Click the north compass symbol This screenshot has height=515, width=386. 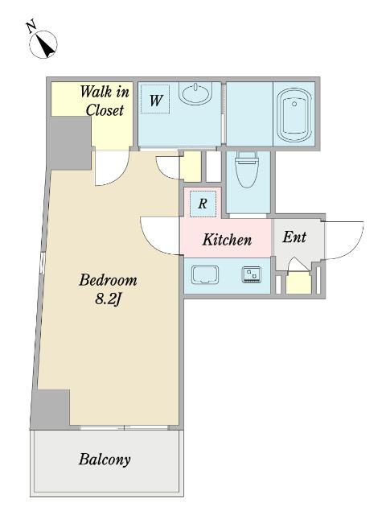point(43,44)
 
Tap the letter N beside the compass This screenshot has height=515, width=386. point(31,27)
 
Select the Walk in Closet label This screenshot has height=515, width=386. point(105,101)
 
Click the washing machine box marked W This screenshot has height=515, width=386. point(155,99)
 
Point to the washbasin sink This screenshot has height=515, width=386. point(195,93)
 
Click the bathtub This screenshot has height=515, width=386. point(294,115)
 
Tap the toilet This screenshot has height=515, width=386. point(247,169)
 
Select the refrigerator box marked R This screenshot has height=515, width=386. point(203,204)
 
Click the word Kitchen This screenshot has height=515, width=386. point(227,240)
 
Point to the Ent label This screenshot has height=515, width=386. point(294,237)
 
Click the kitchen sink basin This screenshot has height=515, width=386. point(206,274)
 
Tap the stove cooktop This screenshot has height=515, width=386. point(252,274)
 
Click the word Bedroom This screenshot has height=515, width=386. point(108,280)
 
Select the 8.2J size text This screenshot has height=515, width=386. point(109,299)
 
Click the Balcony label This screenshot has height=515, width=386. point(105,459)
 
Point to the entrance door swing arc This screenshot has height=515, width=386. point(355,246)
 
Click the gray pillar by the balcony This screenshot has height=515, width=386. point(51,409)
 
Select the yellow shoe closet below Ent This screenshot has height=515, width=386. point(298,282)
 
